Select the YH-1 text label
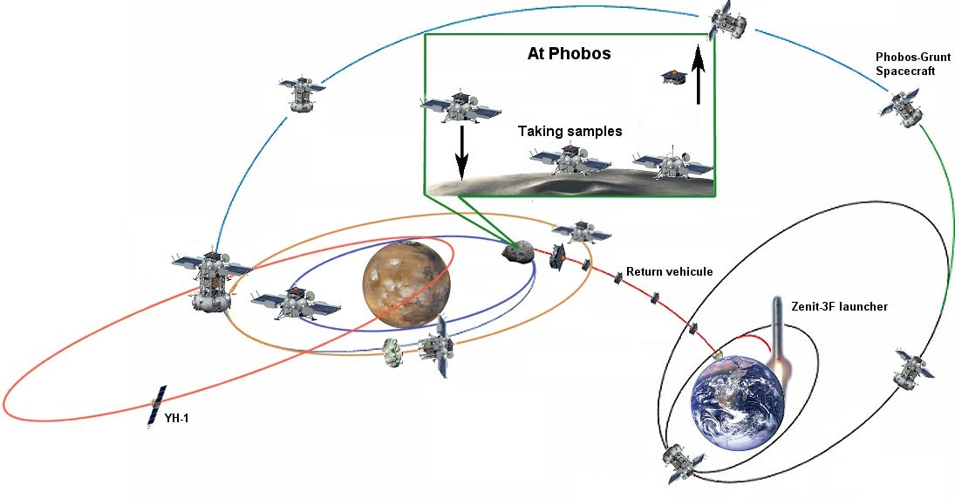pyautogui.click(x=176, y=420)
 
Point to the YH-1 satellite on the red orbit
pyautogui.click(x=158, y=406)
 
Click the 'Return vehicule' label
pyautogui.click(x=669, y=272)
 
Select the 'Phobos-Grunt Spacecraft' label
pyautogui.click(x=906, y=64)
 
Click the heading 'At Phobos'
pyautogui.click(x=569, y=53)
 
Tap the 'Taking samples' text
pyautogui.click(x=570, y=132)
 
